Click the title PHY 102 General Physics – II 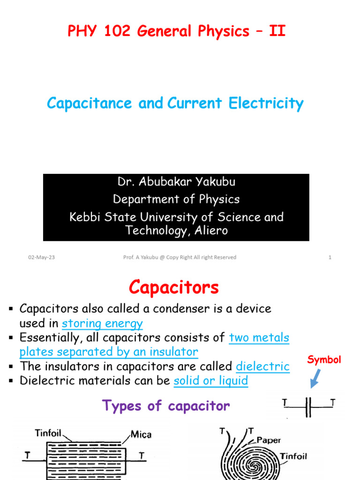pyautogui.click(x=177, y=31)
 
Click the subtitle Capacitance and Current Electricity pyautogui.click(x=175, y=103)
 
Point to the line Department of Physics pyautogui.click(x=176, y=199)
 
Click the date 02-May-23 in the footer pyautogui.click(x=42, y=257)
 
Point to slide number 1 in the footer pyautogui.click(x=330, y=257)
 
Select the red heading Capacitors pyautogui.click(x=174, y=287)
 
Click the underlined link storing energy pyautogui.click(x=102, y=323)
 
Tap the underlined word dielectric pyautogui.click(x=262, y=366)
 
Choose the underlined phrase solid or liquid pyautogui.click(x=210, y=381)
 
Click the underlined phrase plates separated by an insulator pyautogui.click(x=109, y=352)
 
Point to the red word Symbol pyautogui.click(x=324, y=360)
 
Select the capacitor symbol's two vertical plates pyautogui.click(x=308, y=406)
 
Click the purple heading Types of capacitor pyautogui.click(x=166, y=406)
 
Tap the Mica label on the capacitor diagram pyautogui.click(x=141, y=435)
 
